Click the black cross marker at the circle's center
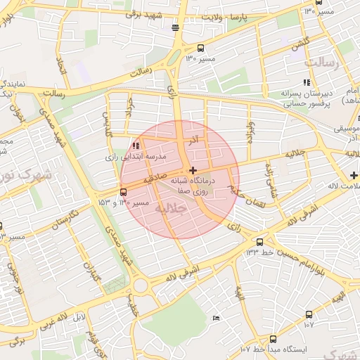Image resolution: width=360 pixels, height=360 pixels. (x=193, y=170)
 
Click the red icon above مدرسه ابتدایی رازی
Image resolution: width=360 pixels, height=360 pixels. (x=135, y=146)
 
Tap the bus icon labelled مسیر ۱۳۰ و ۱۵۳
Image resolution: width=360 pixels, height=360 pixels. (x=124, y=191)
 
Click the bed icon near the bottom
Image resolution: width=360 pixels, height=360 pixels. (x=216, y=319)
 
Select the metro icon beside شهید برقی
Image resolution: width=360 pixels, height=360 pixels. (x=174, y=28)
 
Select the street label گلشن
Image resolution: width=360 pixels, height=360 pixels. (x=300, y=44)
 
